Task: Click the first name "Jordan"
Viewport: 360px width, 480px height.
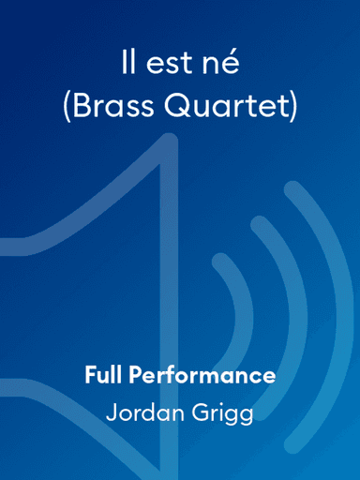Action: pyautogui.click(x=145, y=413)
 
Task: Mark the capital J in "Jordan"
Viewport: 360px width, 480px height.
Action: pyautogui.click(x=112, y=412)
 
